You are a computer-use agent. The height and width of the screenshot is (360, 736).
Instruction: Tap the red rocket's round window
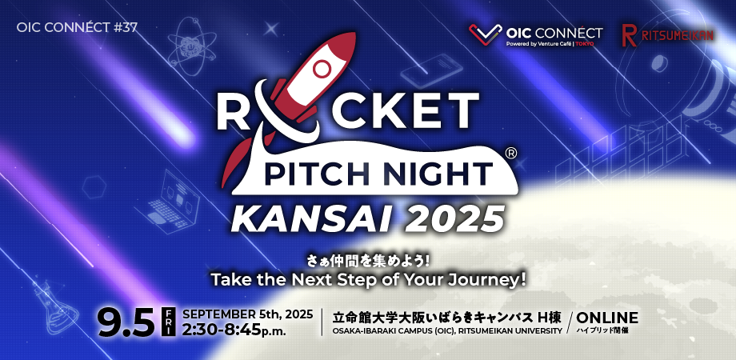(x=322, y=67)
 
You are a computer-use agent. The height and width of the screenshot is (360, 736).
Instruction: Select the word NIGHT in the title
(x=446, y=172)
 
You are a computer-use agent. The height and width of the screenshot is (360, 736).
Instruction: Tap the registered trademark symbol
(x=511, y=152)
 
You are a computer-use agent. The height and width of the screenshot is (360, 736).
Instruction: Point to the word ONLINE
(x=607, y=316)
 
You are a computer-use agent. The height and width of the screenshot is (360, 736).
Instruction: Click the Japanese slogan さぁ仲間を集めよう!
(x=368, y=261)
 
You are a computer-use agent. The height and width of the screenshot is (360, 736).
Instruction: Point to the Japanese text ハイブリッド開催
(x=602, y=330)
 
